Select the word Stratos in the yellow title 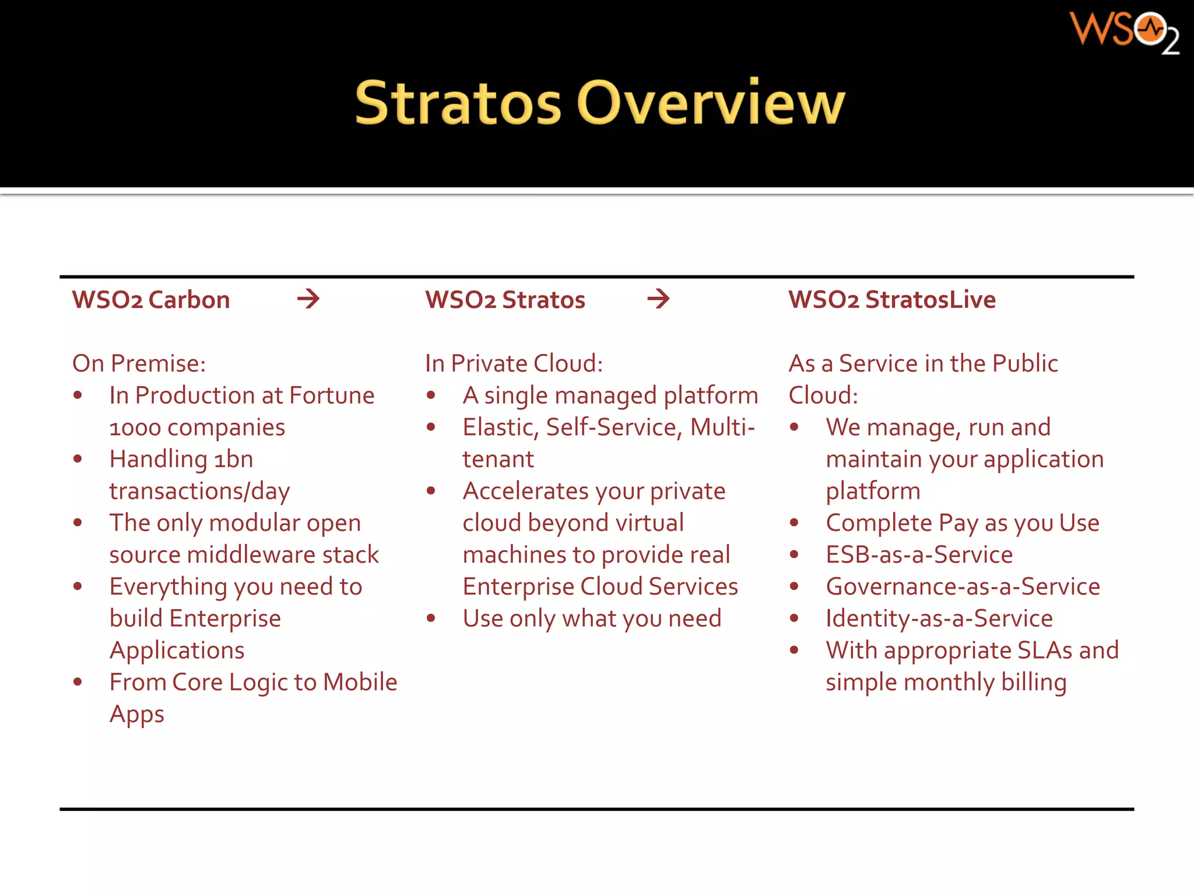click(x=458, y=104)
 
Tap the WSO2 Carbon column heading click(x=151, y=300)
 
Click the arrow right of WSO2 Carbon click(x=308, y=299)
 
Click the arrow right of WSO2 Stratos click(x=658, y=299)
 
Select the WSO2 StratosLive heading click(x=891, y=300)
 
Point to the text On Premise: click(x=139, y=363)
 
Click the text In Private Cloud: click(x=514, y=363)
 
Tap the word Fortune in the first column click(x=331, y=395)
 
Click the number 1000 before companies click(x=135, y=428)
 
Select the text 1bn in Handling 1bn click(x=233, y=460)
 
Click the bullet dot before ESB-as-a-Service click(x=793, y=554)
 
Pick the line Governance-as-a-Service click(x=963, y=586)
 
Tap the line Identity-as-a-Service click(x=939, y=618)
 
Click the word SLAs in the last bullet click(x=1044, y=650)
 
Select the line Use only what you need click(x=592, y=618)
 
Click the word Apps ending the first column click(x=137, y=715)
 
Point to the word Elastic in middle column click(x=500, y=428)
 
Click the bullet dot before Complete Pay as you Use click(x=793, y=523)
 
